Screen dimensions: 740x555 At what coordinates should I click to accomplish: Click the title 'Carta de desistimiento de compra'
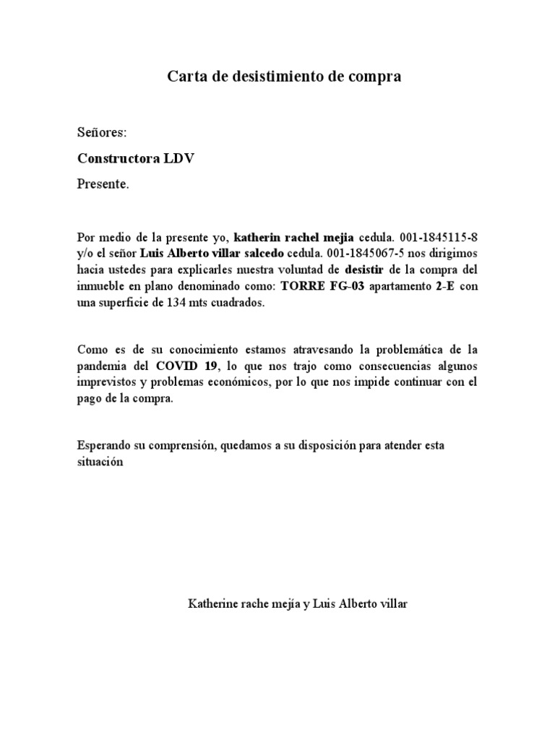(x=284, y=76)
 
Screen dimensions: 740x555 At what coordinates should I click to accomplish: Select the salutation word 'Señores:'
(x=102, y=133)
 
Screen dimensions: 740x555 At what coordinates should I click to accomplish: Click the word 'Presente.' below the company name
(x=103, y=184)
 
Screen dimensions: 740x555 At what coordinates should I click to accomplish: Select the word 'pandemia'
(x=100, y=365)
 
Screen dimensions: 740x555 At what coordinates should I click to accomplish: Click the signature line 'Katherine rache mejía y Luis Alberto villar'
(x=297, y=603)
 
